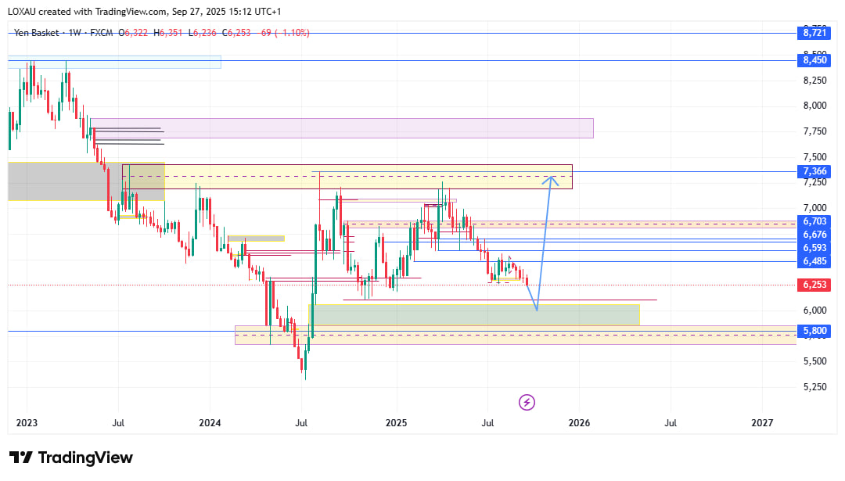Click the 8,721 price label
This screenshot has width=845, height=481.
[814, 33]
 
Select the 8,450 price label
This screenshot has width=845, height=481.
[814, 60]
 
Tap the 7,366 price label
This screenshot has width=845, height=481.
[814, 171]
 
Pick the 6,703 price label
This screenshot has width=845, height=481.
[814, 222]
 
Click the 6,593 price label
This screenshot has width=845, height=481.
[814, 247]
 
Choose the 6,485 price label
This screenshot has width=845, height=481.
[814, 261]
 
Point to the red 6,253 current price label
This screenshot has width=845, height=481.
[814, 285]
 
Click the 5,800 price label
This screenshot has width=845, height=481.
[814, 332]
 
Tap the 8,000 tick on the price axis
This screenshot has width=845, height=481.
[814, 106]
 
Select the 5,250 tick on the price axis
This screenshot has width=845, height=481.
[814, 387]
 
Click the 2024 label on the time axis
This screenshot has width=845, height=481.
[210, 423]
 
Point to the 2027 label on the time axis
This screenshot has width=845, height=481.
[762, 423]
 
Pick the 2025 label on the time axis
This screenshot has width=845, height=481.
[396, 423]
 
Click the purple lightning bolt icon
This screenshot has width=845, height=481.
[527, 402]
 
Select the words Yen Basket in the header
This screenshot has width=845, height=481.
[36, 33]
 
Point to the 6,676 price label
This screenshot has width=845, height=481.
[814, 235]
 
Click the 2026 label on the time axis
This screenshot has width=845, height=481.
[579, 423]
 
